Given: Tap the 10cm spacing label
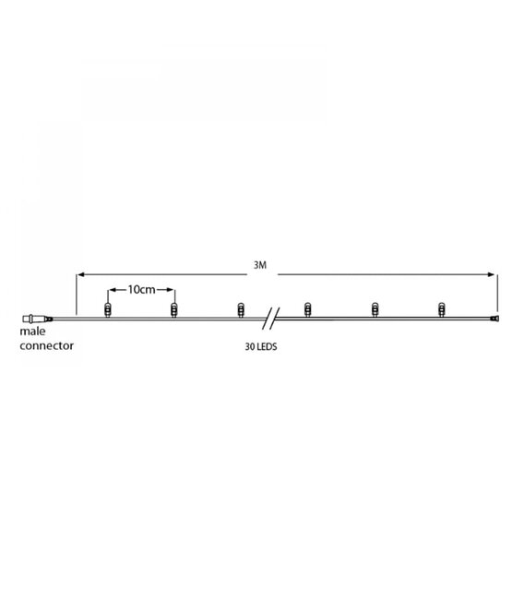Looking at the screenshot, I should click(140, 289).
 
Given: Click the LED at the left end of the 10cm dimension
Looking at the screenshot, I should click(107, 309).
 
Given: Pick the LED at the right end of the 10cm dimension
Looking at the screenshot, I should click(173, 309).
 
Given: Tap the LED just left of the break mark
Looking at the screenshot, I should click(240, 309).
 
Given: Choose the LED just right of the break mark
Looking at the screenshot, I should click(307, 309).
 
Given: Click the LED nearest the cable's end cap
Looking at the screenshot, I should click(441, 309).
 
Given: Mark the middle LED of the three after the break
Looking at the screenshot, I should click(374, 309).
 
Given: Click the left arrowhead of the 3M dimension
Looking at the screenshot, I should click(80, 274).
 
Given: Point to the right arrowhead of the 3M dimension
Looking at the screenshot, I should click(492, 274).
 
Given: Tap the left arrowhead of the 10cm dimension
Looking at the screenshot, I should click(112, 289).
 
